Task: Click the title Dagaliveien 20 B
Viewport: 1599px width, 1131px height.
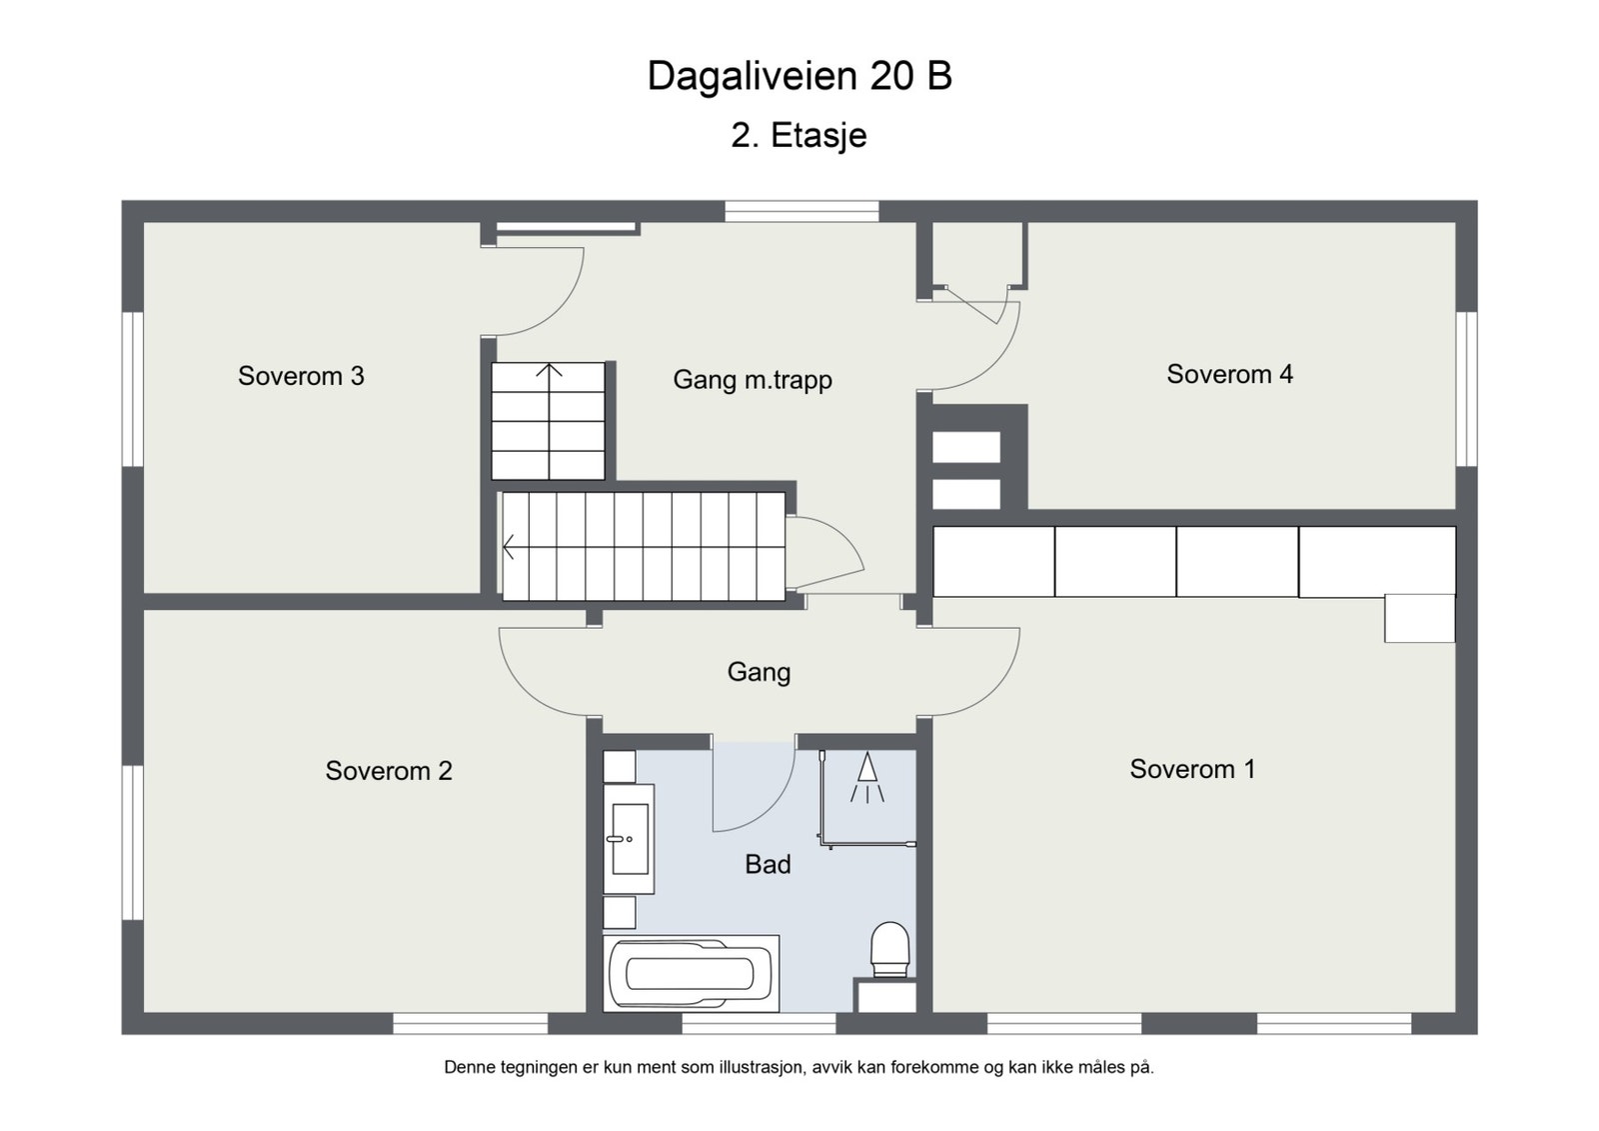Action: tap(799, 76)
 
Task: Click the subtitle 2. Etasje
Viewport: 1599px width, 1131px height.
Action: tap(799, 135)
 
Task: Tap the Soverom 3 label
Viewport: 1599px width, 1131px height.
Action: tap(301, 376)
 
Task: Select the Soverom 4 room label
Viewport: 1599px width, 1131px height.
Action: tap(1229, 374)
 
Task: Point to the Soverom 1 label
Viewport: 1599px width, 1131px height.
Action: tap(1192, 769)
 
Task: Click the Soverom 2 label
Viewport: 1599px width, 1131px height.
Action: tap(389, 771)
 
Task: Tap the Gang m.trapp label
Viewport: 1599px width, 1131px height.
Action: tap(752, 380)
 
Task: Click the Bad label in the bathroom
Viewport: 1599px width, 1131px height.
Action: tap(768, 865)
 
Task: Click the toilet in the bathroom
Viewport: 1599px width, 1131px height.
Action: tap(889, 948)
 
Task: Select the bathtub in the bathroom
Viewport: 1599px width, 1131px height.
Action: tap(691, 973)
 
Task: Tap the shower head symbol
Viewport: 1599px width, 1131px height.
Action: tap(866, 776)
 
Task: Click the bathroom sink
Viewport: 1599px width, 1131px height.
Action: tap(629, 838)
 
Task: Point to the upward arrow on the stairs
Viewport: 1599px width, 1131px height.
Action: tap(549, 372)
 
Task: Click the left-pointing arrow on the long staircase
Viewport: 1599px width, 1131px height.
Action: tap(510, 547)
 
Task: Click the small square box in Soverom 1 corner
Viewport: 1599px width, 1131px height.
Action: tap(1419, 618)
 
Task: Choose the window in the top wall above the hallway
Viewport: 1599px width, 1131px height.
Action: tap(801, 211)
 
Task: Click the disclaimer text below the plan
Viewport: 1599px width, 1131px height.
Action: tap(799, 1067)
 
